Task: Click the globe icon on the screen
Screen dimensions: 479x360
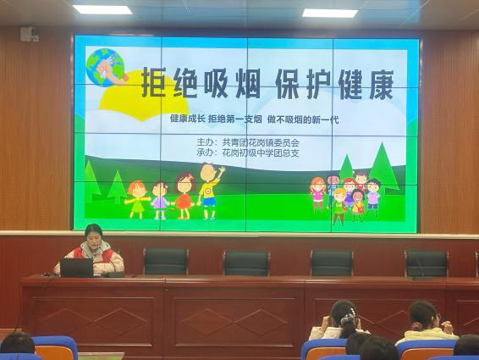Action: tap(105, 67)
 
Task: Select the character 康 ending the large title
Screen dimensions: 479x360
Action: tap(380, 84)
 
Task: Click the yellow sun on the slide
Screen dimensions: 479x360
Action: tap(144, 96)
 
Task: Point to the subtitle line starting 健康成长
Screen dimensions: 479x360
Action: tap(254, 119)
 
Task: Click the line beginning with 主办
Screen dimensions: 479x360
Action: tap(248, 142)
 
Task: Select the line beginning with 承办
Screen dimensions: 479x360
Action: tap(248, 152)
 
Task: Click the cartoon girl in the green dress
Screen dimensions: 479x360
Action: tap(137, 199)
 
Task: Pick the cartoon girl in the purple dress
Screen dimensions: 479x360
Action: tap(160, 201)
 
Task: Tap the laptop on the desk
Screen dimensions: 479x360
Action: tap(77, 268)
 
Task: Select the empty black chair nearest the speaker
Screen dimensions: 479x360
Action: tap(166, 261)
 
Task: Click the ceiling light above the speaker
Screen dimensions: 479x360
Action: tap(102, 9)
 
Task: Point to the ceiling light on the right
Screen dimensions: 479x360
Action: tap(330, 13)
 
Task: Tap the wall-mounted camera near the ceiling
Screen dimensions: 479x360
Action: tap(30, 34)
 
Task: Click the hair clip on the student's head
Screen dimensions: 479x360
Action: tap(349, 317)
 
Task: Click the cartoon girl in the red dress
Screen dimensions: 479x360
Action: tap(184, 197)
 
